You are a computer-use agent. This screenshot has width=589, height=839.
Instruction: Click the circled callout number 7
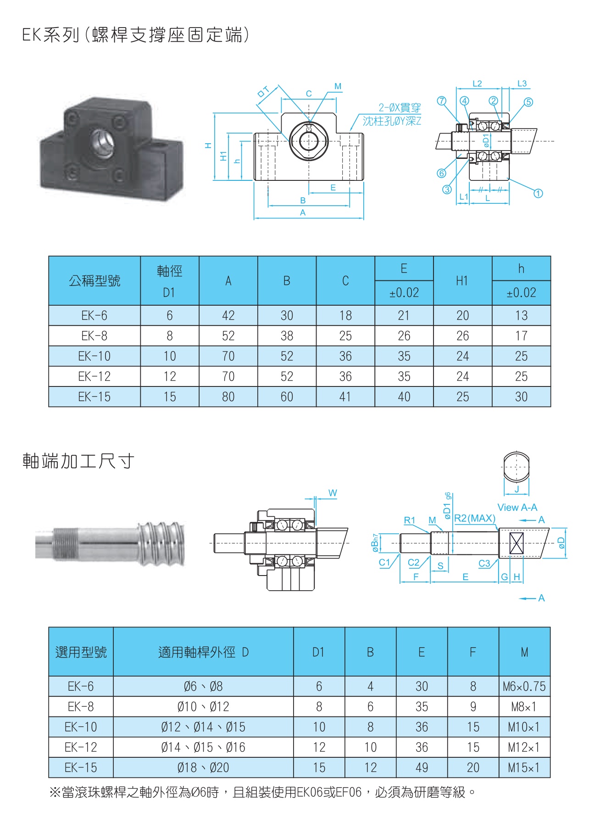tap(441, 101)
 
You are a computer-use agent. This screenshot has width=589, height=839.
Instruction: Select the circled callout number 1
tap(539, 193)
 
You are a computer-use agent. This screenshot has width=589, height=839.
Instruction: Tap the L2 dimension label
tap(477, 84)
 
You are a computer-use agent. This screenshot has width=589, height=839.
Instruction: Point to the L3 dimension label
tap(522, 84)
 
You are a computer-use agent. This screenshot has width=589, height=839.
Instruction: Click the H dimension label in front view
tap(208, 145)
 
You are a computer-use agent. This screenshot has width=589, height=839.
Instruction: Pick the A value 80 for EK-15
tap(228, 397)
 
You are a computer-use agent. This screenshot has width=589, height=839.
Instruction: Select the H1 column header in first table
tap(462, 281)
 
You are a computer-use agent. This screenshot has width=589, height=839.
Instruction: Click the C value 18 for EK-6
tap(345, 315)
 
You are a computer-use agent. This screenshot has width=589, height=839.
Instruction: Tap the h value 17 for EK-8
tap(521, 336)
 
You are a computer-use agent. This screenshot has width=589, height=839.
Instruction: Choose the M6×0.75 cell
tap(524, 687)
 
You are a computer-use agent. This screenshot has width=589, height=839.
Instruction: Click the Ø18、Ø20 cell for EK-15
tap(203, 767)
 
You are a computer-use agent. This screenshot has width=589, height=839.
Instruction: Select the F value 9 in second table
tap(473, 707)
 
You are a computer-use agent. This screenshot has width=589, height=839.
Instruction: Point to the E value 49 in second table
tap(422, 767)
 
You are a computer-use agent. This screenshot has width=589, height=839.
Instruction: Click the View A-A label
tap(517, 507)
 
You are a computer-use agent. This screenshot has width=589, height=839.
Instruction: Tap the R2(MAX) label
tap(475, 518)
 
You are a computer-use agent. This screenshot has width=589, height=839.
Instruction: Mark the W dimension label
tap(333, 493)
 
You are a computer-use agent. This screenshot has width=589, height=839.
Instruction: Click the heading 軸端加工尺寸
tap(78, 461)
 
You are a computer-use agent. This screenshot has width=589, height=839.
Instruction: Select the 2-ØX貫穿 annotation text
tap(399, 108)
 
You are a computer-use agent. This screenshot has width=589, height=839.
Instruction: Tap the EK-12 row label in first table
tap(94, 376)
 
